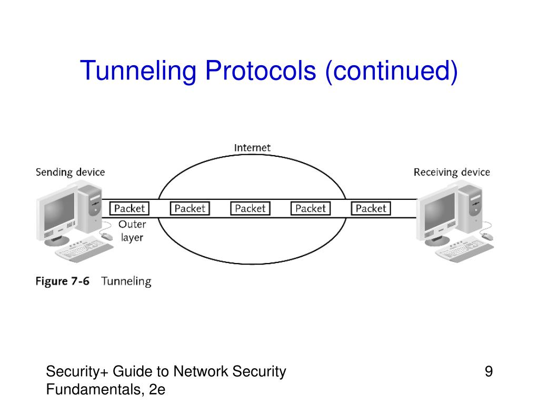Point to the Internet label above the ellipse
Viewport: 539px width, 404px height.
coord(252,147)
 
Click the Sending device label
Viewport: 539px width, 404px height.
coord(70,172)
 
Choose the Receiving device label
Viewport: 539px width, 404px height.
coord(452,172)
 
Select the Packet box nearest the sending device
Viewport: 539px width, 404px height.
coord(129,208)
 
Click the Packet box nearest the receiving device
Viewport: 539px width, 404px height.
coord(371,208)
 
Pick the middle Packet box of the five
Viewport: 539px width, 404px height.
coord(250,208)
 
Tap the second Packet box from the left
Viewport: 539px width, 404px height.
coord(189,208)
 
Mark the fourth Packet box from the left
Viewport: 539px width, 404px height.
coord(311,208)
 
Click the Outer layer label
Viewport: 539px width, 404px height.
coord(132,230)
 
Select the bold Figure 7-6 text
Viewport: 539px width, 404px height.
coord(63,281)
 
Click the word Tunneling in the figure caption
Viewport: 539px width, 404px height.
coord(126,281)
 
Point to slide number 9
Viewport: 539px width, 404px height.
coord(488,372)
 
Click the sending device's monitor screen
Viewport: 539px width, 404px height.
coord(58,213)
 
